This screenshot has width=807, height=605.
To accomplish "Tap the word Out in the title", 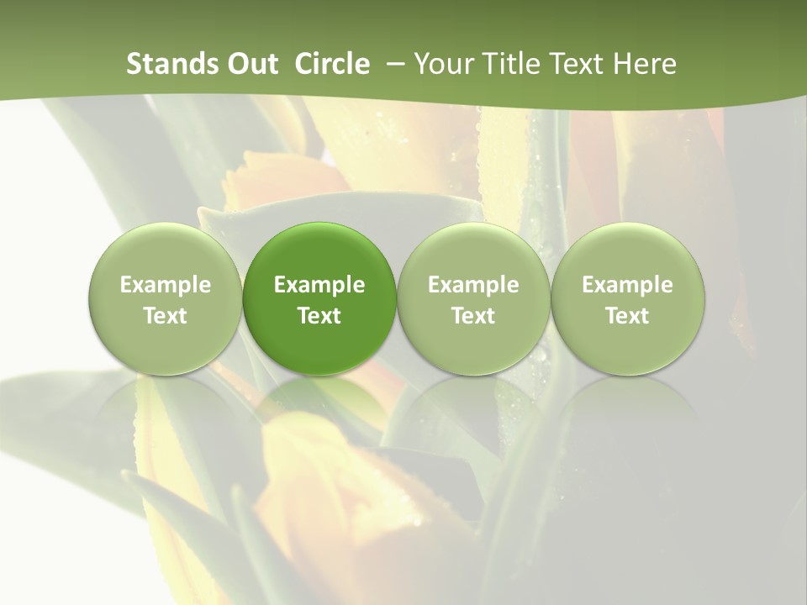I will click(x=250, y=64).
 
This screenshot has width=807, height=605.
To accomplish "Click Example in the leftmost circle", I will click(x=165, y=285).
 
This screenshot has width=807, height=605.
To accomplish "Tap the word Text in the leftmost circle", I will click(x=165, y=316).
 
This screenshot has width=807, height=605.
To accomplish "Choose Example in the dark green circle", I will click(x=319, y=285).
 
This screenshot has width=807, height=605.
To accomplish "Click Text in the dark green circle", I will click(x=319, y=316).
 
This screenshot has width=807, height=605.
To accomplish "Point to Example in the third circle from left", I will click(x=473, y=285).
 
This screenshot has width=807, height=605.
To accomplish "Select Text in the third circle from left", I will click(x=473, y=316).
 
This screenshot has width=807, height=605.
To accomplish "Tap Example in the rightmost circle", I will click(x=627, y=285).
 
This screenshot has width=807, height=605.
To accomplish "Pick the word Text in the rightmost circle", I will click(x=627, y=316).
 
